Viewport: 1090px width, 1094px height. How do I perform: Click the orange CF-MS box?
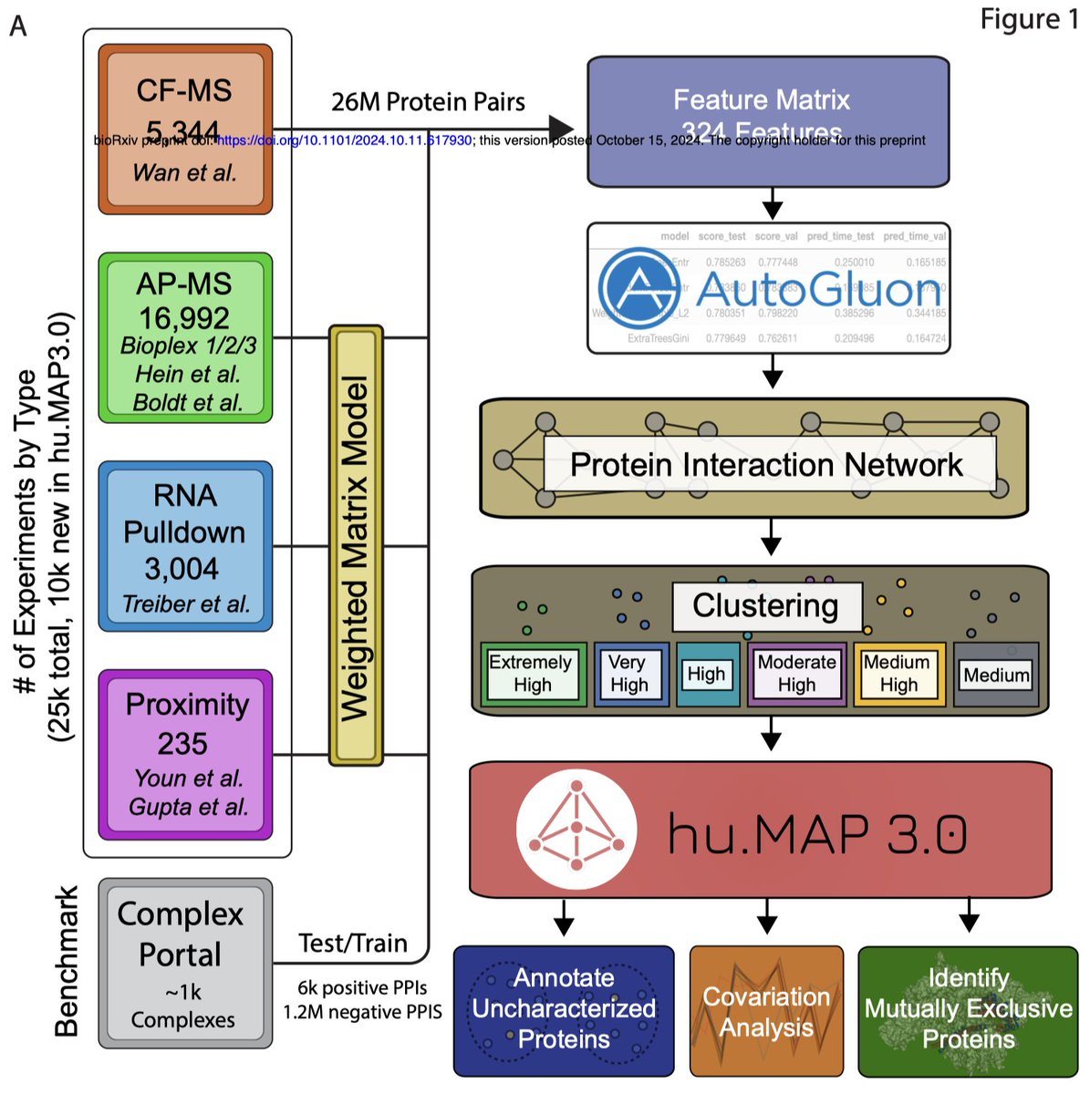point(185,129)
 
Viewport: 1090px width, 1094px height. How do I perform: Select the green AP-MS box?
point(185,337)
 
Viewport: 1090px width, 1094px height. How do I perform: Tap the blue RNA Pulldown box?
point(185,546)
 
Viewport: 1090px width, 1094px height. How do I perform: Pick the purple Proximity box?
point(185,754)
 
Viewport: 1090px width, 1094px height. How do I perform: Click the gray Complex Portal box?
point(185,963)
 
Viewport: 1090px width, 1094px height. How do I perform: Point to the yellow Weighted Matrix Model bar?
point(356,545)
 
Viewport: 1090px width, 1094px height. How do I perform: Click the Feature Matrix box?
point(768,121)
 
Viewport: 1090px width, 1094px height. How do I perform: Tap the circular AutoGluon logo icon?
point(640,287)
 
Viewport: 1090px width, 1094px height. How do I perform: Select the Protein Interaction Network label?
point(766,464)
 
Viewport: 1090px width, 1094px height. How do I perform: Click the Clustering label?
point(766,605)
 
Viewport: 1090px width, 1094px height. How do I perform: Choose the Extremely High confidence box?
point(532,674)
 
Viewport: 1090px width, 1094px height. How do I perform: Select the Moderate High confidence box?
point(796,674)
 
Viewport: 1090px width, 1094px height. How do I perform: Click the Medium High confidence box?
point(898,674)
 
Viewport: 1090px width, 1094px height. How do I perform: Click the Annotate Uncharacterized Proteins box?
point(564,1010)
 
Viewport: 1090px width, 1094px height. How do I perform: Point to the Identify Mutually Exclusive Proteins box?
point(968,1010)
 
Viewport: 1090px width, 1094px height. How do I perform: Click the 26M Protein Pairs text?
point(428,101)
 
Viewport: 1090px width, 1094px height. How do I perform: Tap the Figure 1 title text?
point(1028,19)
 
